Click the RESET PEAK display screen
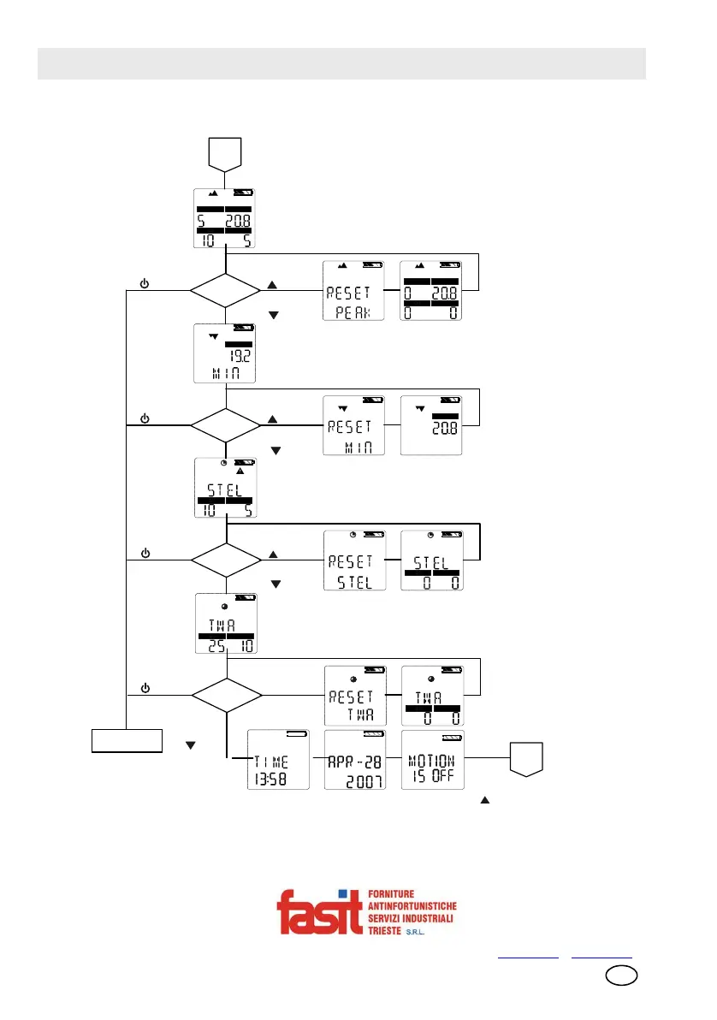pyautogui.click(x=353, y=291)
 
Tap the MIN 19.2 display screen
pyautogui.click(x=225, y=353)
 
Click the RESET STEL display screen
pyautogui.click(x=353, y=560)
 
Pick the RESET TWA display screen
pyautogui.click(x=353, y=695)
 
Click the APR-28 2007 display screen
pyautogui.click(x=354, y=760)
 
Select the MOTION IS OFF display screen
pyautogui.click(x=432, y=760)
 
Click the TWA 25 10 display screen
pyautogui.click(x=225, y=623)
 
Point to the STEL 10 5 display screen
pyautogui.click(x=225, y=489)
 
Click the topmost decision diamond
pyautogui.click(x=224, y=291)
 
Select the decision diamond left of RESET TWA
pyautogui.click(x=224, y=695)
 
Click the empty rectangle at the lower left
pyautogui.click(x=127, y=739)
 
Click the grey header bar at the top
pyautogui.click(x=341, y=64)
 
